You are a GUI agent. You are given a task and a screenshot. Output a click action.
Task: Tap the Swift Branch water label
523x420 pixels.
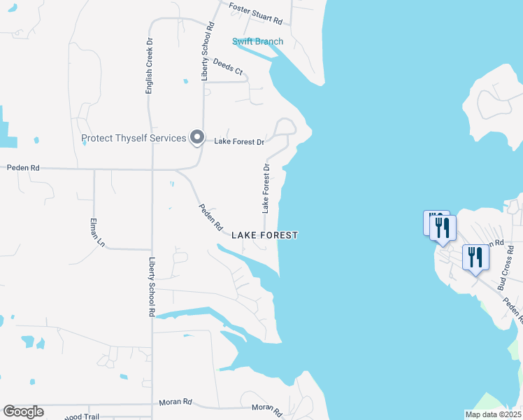(258, 41)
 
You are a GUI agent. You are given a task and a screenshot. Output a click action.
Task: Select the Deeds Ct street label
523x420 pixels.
(228, 66)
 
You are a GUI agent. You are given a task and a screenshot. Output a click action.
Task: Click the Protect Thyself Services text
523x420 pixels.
(133, 138)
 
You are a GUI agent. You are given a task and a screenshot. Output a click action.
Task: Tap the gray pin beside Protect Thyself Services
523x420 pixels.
(197, 138)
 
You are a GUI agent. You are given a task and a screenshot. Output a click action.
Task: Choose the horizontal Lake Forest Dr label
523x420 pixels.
(239, 141)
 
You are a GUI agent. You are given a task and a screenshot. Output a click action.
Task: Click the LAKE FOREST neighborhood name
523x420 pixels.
(265, 235)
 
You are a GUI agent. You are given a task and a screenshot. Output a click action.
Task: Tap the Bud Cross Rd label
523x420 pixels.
(506, 267)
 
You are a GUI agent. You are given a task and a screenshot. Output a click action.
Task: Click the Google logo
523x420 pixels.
(23, 412)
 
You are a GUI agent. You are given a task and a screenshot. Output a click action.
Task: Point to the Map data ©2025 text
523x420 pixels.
(493, 414)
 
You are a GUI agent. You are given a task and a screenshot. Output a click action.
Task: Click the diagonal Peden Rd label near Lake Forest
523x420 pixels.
(210, 218)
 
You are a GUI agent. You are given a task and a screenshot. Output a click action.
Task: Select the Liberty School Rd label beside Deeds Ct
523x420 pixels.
(206, 55)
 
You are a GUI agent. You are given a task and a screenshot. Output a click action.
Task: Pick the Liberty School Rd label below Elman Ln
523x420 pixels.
(151, 287)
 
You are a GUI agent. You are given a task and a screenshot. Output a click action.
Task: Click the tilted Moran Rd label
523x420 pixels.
(267, 409)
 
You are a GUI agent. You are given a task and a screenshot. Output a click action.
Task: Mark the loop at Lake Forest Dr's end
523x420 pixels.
(285, 128)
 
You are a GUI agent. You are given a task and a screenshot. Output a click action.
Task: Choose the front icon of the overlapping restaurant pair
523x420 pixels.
(443, 227)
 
